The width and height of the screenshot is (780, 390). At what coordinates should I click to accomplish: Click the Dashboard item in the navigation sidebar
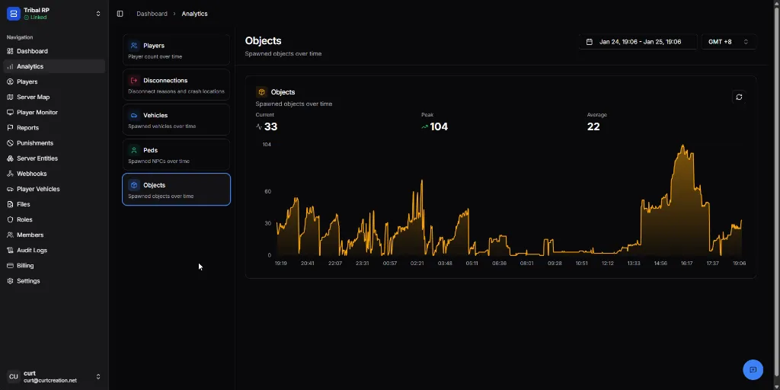(32, 51)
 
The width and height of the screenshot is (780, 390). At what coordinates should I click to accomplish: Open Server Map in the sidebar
(33, 97)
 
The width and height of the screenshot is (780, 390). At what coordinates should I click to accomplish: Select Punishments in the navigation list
(35, 143)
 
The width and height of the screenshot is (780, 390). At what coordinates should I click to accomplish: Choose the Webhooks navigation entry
(31, 174)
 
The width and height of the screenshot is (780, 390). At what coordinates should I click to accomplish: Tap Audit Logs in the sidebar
(32, 250)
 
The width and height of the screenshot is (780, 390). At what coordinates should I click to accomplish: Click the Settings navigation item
(28, 281)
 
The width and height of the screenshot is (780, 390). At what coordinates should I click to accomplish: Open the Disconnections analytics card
(176, 85)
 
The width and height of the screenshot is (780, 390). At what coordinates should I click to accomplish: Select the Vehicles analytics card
(176, 120)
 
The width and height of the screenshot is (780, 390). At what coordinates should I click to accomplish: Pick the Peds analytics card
(176, 155)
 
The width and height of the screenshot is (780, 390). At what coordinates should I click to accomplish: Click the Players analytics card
(176, 50)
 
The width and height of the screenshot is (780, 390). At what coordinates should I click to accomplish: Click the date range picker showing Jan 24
(638, 42)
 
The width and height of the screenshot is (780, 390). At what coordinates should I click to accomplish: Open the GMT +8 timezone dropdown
(728, 42)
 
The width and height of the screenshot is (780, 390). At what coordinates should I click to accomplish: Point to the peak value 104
(439, 127)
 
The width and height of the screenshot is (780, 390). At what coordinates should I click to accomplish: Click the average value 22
(593, 127)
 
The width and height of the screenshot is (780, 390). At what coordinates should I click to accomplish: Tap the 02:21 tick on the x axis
(417, 263)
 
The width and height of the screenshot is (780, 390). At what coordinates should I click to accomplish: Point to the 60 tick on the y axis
(267, 191)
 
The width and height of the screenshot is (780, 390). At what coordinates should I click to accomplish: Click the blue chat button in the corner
(753, 369)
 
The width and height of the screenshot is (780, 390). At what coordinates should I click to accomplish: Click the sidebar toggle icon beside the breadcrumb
(120, 14)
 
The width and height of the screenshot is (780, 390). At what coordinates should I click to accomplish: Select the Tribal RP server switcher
(53, 13)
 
